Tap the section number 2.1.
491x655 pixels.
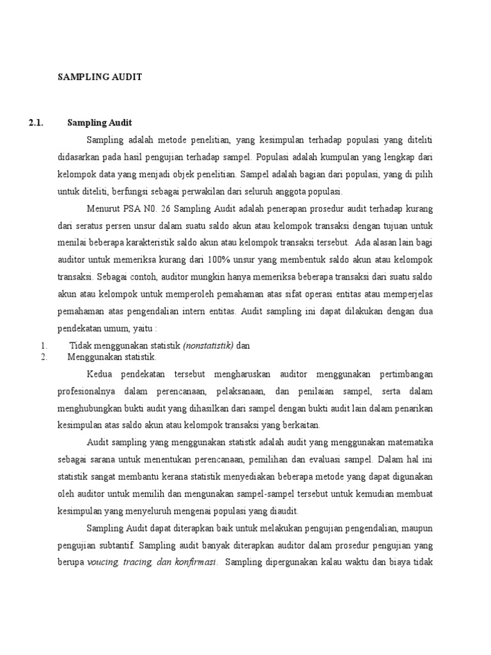[36, 122]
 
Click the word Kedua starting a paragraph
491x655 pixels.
[98, 372]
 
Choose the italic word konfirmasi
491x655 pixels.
[196, 562]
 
